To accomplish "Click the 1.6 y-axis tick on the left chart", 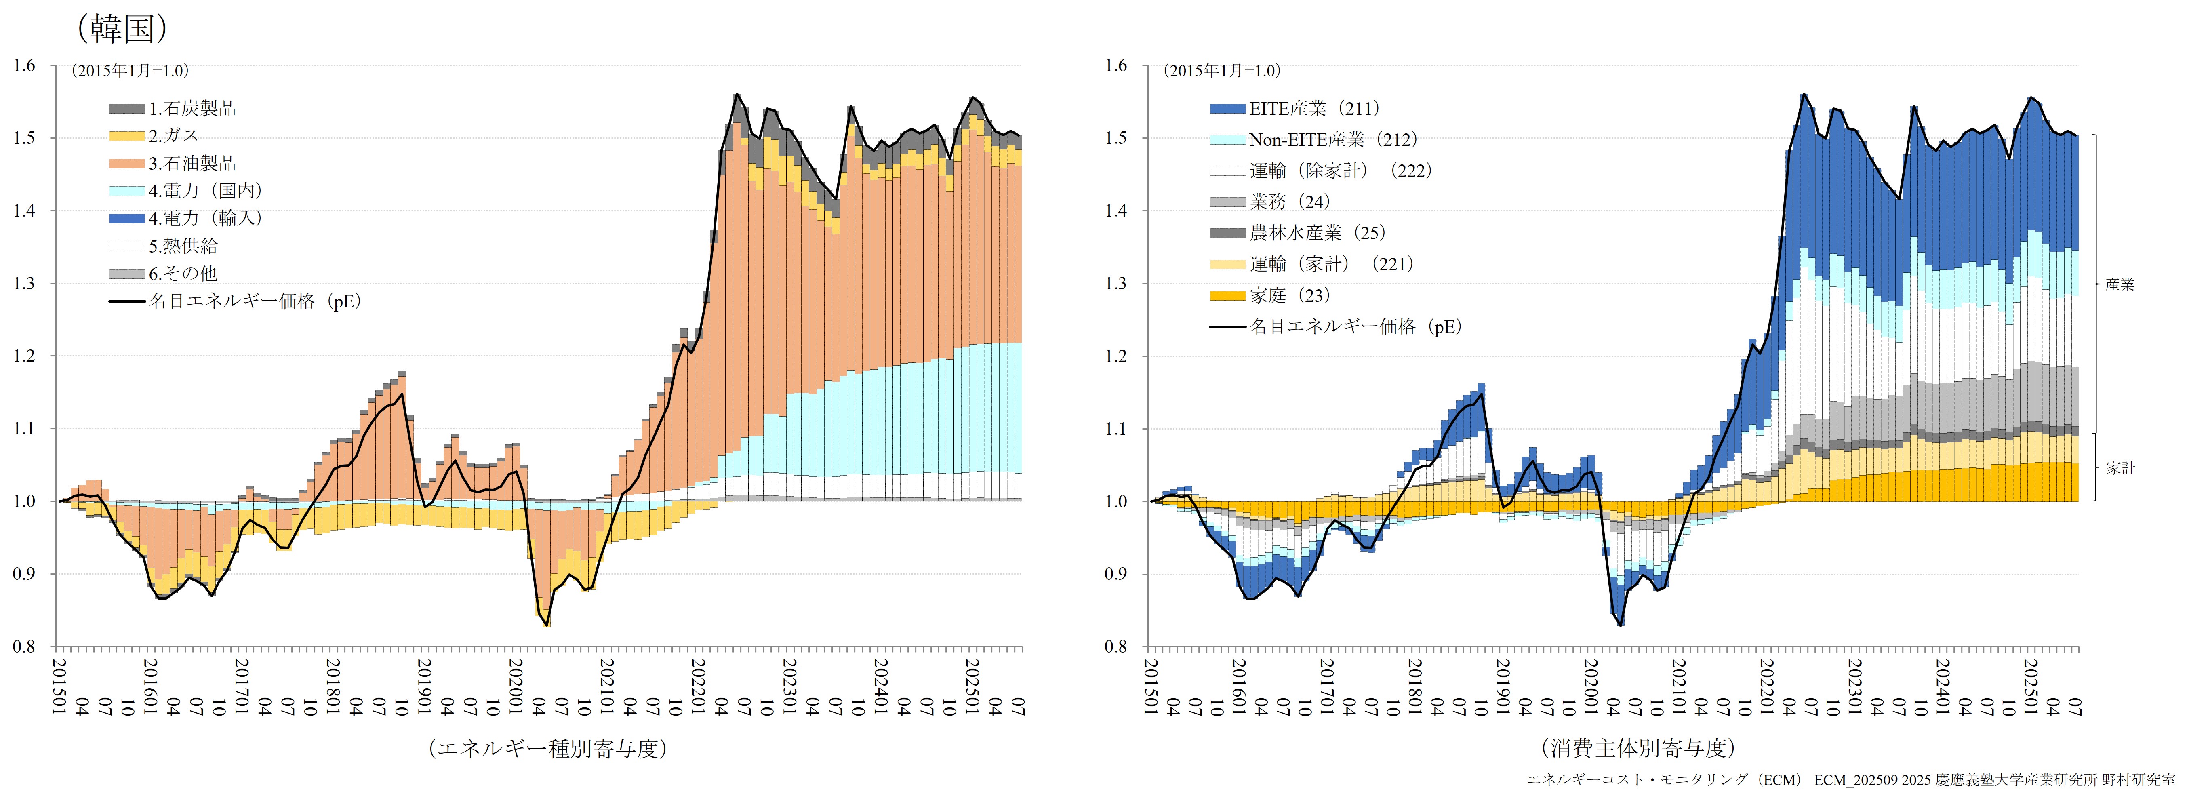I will click(24, 65).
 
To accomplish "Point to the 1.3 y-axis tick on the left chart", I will click(24, 283).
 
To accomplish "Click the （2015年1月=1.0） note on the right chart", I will click(1221, 71).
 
